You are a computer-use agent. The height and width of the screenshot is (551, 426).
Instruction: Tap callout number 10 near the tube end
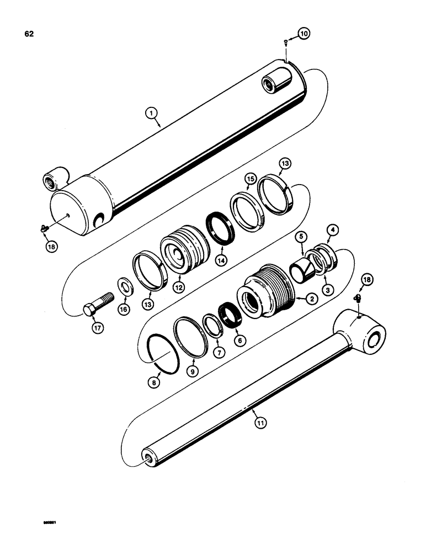coord(304,34)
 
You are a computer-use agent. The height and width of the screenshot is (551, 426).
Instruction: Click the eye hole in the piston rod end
coord(376,338)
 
